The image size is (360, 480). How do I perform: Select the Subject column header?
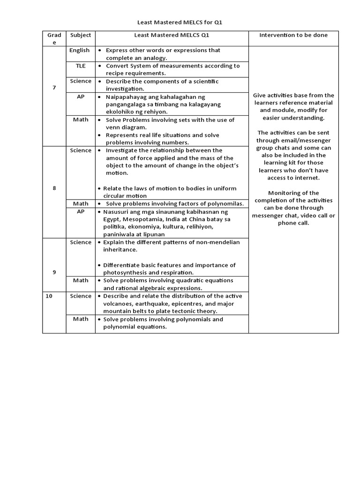pos(81,35)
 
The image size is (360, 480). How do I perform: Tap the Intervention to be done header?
pos(293,35)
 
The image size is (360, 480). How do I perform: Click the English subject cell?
pos(79,50)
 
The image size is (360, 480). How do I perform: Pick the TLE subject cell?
pos(81,66)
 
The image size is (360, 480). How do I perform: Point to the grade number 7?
pos(54,88)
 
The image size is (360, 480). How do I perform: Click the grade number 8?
pos(54,188)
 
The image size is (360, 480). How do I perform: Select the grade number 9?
pos(54,272)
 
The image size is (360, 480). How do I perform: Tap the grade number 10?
pos(49,296)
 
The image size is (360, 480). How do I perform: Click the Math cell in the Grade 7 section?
pos(81,120)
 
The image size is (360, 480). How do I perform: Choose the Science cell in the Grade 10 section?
pos(81,296)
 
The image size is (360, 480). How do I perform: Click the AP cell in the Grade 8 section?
pos(81,211)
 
